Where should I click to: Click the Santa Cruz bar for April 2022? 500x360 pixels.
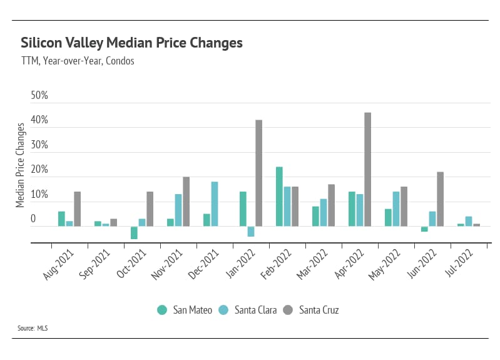click(x=367, y=170)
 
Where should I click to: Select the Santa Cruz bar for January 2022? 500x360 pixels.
click(x=258, y=173)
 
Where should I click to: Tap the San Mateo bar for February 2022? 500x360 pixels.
click(x=279, y=197)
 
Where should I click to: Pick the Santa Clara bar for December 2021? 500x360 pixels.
click(x=215, y=204)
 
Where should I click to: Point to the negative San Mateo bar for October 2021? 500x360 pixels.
click(x=134, y=232)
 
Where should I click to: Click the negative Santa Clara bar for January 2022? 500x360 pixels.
click(x=251, y=231)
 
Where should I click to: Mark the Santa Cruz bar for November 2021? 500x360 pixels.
click(x=186, y=202)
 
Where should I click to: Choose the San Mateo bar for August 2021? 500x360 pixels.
click(x=61, y=219)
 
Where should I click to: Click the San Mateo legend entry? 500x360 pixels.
click(x=185, y=309)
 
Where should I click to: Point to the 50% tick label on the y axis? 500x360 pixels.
click(x=39, y=96)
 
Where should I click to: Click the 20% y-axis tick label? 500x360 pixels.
click(x=39, y=170)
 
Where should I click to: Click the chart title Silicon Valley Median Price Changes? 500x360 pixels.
click(x=131, y=43)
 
